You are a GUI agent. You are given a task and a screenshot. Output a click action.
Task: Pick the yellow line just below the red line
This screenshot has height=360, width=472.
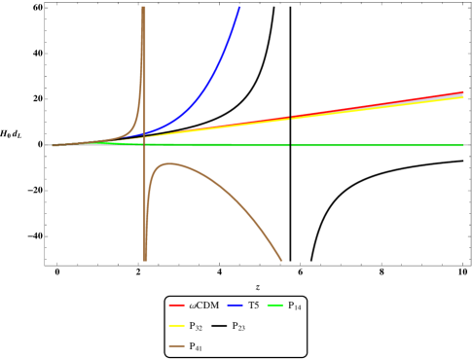pos(370,110)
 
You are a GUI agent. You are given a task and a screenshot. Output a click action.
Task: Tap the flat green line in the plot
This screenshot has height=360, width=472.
pos(370,146)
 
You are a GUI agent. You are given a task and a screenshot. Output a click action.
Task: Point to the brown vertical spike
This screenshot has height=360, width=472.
pos(144,58)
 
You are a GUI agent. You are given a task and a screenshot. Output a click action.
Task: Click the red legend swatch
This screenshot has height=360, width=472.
pos(176,306)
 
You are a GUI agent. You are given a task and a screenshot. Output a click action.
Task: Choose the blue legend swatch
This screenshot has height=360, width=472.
pos(235,306)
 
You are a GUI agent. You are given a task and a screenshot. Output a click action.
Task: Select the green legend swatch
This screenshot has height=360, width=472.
pos(274,306)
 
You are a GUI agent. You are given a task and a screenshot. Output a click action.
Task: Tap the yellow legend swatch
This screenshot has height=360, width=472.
pos(176,325)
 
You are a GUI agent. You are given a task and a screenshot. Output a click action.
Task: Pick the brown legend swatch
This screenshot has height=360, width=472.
pos(176,345)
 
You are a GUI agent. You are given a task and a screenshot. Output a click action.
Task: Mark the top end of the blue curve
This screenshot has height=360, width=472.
pos(239,8)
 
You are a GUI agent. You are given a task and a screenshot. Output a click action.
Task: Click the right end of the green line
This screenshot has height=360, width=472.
pos(462,146)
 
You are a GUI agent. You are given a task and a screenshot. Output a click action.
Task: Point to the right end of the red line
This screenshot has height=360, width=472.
pos(462,92)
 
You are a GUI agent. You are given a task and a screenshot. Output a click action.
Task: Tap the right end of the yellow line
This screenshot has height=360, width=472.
pos(462,97)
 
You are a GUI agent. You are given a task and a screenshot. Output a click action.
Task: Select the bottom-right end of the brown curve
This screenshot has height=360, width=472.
pos(281,260)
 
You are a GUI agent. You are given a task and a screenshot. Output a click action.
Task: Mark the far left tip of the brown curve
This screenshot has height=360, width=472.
pos(54,146)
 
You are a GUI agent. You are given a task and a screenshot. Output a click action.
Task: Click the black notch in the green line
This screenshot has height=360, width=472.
pos(290,146)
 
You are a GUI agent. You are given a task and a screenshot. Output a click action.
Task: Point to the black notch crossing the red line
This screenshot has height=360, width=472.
pos(290,118)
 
